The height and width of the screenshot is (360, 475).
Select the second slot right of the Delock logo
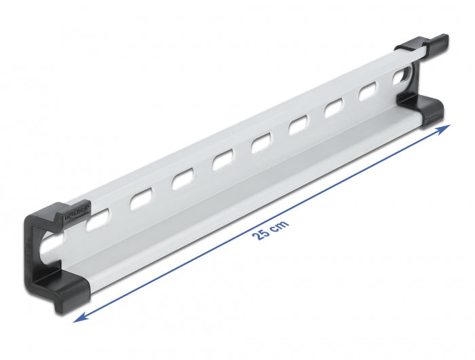coord(140,201)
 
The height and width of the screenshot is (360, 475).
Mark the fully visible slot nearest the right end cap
coord(369,92)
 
